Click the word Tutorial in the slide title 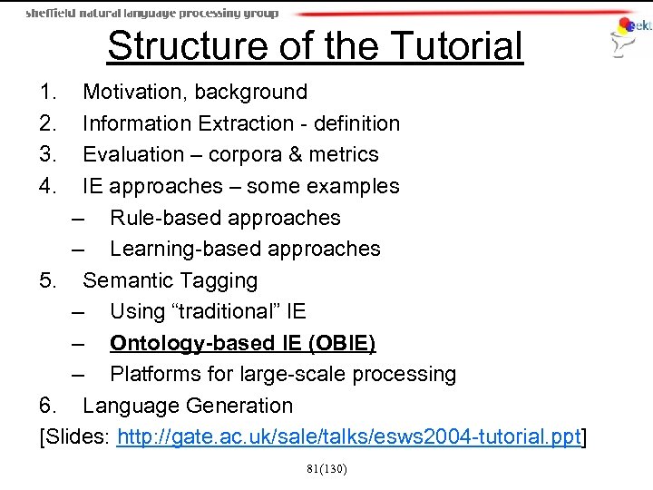click(450, 46)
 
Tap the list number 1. click(49, 92)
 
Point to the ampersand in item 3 click(296, 155)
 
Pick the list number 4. click(49, 186)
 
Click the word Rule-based click(165, 218)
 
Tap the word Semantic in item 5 click(127, 280)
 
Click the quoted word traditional click(222, 311)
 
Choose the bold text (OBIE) click(341, 343)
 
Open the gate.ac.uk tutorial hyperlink click(348, 438)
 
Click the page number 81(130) click(326, 468)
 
